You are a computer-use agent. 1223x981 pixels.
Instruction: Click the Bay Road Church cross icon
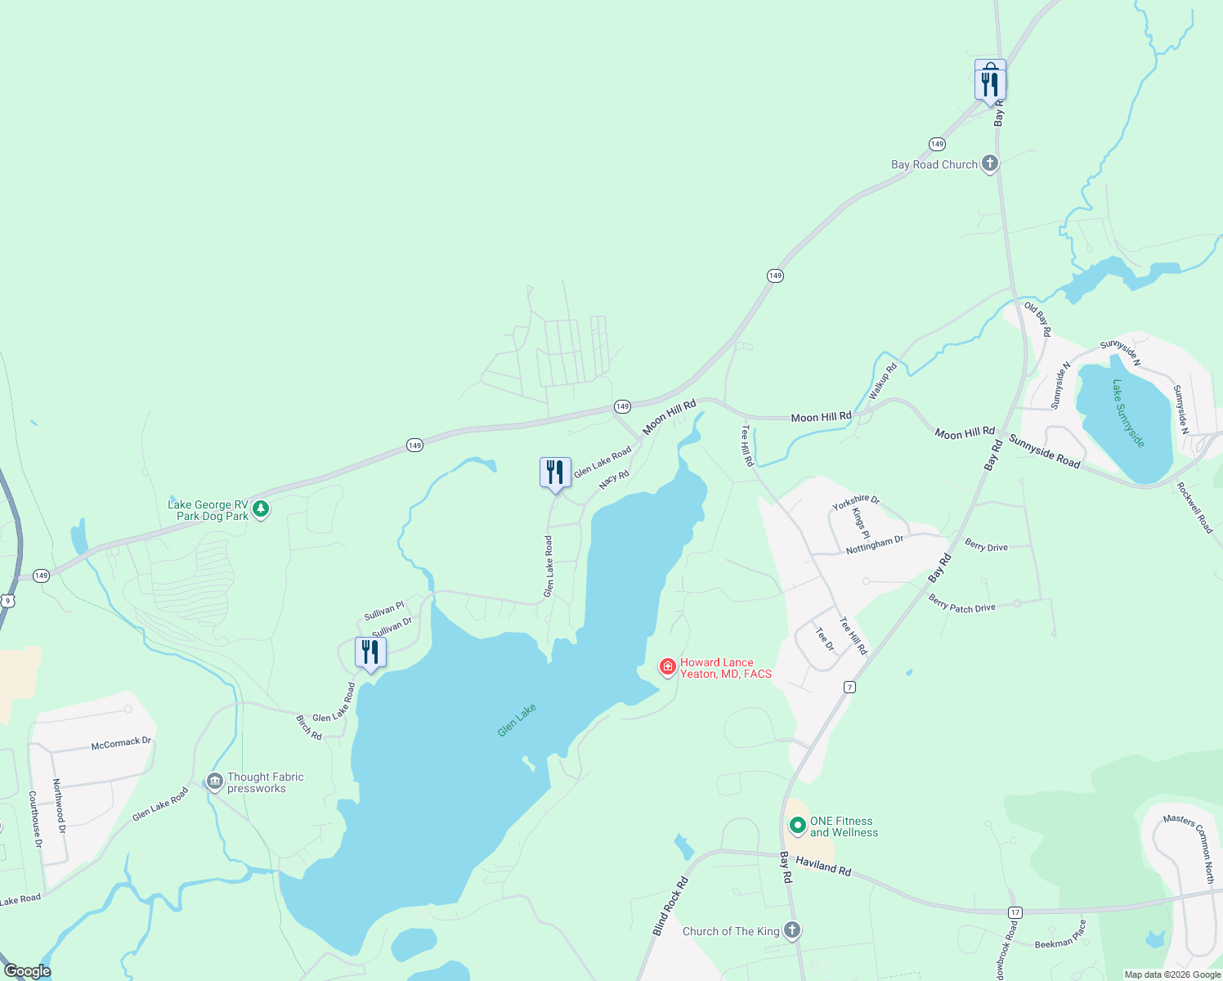[989, 163]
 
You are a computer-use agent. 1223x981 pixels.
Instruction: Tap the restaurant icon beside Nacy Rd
[555, 473]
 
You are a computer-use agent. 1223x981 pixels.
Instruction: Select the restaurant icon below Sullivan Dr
[370, 652]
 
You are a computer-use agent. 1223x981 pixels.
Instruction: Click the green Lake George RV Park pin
[261, 509]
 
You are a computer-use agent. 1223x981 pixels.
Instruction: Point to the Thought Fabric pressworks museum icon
[214, 782]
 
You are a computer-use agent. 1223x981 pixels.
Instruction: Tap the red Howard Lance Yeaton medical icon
[668, 668]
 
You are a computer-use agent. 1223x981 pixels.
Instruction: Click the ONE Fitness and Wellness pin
[797, 826]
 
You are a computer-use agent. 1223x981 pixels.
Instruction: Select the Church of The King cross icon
[791, 930]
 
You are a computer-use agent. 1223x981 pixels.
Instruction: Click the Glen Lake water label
[517, 720]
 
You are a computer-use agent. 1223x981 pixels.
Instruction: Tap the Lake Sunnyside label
[1128, 413]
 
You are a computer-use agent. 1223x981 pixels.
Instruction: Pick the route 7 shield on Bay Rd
[850, 688]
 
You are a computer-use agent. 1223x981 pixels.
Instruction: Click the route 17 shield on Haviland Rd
[1015, 912]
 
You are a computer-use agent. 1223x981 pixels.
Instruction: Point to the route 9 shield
[7, 601]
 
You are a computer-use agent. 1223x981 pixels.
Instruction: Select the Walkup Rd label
[882, 381]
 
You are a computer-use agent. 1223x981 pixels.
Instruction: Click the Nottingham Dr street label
[875, 544]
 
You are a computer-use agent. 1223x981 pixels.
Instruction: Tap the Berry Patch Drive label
[961, 603]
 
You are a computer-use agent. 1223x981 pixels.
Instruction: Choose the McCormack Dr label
[121, 743]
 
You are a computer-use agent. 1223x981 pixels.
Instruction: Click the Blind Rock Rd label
[670, 906]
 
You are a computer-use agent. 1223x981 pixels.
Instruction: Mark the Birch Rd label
[309, 727]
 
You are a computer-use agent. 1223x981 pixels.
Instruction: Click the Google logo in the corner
[27, 971]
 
